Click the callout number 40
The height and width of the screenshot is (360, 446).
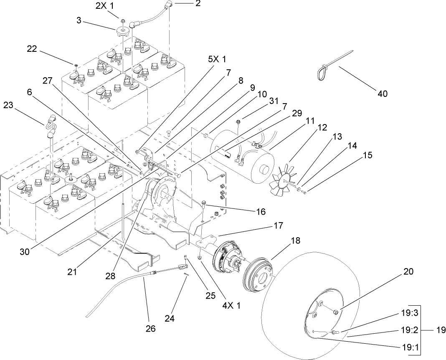(x=382, y=94)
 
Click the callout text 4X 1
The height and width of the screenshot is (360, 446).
(x=232, y=305)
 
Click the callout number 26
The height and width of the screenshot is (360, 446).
(x=150, y=329)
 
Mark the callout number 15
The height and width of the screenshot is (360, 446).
(x=368, y=155)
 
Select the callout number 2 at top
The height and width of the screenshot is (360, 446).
(x=198, y=4)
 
